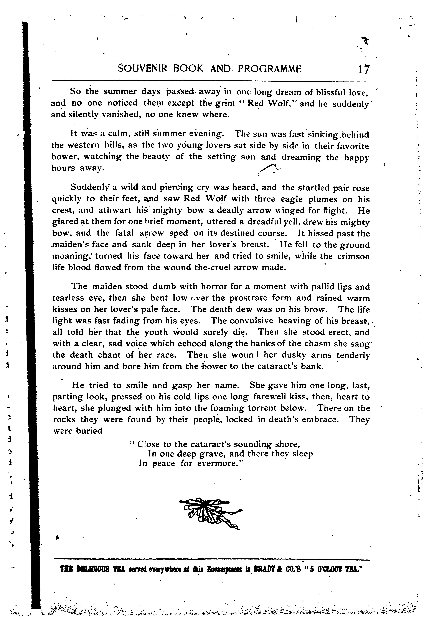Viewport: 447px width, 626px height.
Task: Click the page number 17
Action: click(x=363, y=69)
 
